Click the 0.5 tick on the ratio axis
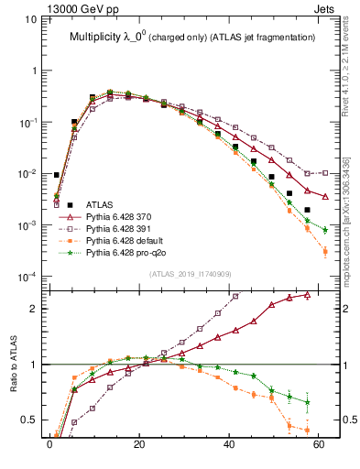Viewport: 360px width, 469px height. (x=31, y=420)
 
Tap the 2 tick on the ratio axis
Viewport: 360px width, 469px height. (x=36, y=309)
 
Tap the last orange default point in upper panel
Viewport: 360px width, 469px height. (x=325, y=252)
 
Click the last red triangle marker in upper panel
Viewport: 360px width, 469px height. (x=325, y=196)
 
